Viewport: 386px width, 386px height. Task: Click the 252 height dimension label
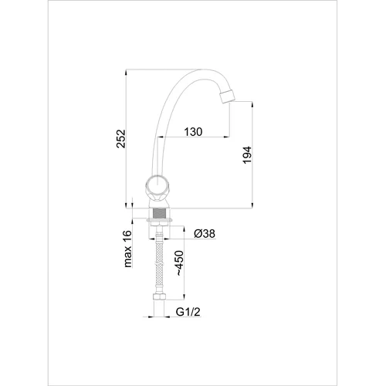point(121,139)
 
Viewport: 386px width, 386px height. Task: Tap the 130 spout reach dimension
point(193,132)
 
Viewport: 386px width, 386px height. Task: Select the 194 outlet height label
point(247,155)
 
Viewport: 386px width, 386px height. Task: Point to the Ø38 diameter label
point(205,234)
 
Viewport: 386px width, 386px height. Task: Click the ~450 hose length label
point(180,263)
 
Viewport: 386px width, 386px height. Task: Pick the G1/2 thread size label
point(188,312)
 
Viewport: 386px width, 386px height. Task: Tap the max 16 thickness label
point(127,249)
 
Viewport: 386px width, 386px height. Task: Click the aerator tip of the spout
point(228,96)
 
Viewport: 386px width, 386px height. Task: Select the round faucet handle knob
point(157,186)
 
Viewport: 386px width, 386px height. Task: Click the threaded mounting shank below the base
point(160,214)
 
